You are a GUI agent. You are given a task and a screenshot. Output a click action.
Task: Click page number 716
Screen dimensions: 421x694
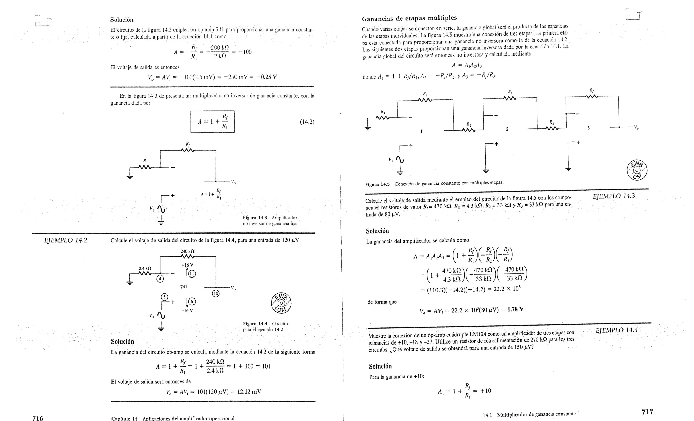tap(38, 418)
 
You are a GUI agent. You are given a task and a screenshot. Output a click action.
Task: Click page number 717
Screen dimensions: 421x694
tap(647, 412)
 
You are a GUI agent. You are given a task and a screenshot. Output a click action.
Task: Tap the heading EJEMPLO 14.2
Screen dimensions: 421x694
tap(66, 240)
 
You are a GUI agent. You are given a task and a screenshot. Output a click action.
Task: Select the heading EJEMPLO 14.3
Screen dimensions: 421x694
tap(614, 196)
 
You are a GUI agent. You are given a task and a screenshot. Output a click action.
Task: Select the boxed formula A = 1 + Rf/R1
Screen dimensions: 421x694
tap(212, 121)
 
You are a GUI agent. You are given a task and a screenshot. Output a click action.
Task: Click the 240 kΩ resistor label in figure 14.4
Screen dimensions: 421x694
tap(187, 251)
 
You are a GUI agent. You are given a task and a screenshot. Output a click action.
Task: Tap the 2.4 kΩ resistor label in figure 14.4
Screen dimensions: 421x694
tap(145, 269)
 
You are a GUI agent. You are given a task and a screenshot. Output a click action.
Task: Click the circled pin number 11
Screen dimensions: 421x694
tap(192, 274)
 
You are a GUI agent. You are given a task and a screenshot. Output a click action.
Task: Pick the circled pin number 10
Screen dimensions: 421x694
tap(216, 293)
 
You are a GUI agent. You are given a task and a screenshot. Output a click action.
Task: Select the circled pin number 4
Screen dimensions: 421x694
tap(160, 279)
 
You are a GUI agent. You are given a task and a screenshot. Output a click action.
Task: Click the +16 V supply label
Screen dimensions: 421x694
tap(187, 265)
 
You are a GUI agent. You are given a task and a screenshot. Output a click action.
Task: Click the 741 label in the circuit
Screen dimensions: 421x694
tap(184, 287)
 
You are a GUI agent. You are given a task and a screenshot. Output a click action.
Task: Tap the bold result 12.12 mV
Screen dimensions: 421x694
tap(249, 392)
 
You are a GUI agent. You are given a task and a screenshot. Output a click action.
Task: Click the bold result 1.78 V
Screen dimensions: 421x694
tap(515, 309)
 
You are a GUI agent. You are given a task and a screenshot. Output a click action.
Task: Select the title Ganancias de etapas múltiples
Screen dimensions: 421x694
tap(409, 18)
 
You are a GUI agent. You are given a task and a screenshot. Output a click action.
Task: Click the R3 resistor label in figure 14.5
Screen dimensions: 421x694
tap(552, 123)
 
